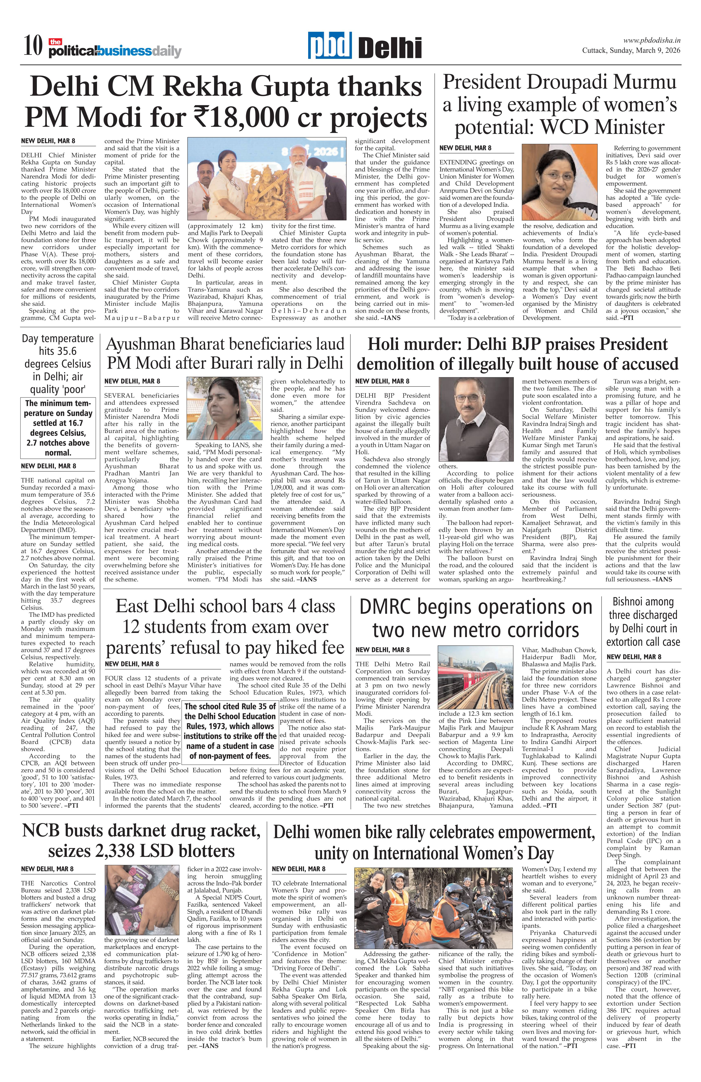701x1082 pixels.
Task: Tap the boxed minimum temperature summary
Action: [58, 428]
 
